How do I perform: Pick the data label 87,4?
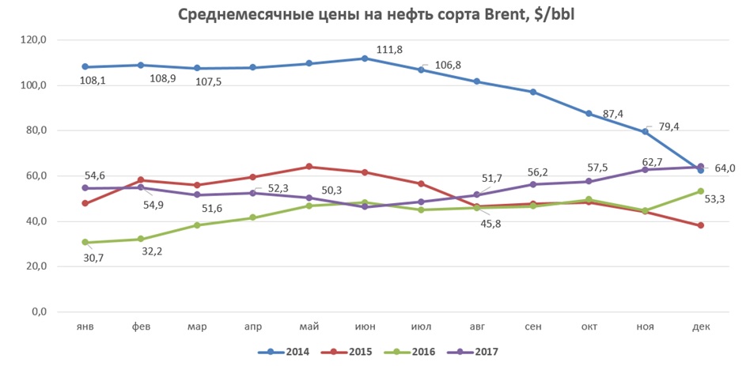(614, 114)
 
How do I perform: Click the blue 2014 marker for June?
(365, 58)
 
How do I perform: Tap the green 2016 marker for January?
(85, 243)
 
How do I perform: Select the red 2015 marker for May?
(309, 167)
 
